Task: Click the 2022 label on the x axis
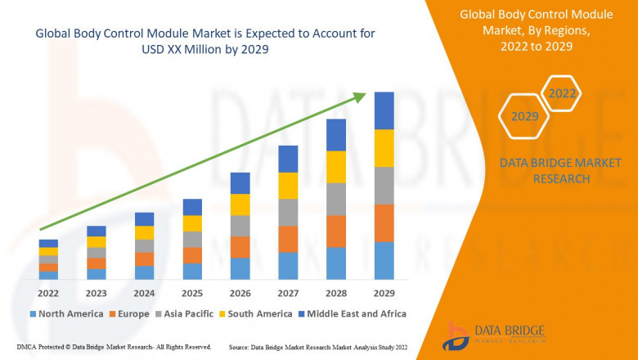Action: coord(48,293)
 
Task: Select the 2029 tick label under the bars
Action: coord(384,293)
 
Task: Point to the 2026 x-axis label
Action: coord(240,293)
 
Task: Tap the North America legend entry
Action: coord(65,313)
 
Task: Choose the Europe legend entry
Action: coord(130,313)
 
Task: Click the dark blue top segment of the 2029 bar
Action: coord(384,110)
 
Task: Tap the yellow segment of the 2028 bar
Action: coord(336,167)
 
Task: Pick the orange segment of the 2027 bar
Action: coord(288,239)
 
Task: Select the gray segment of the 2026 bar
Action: coord(240,226)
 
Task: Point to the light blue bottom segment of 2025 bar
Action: coord(192,272)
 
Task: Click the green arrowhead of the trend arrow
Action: coord(359,97)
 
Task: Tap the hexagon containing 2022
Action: coord(562,94)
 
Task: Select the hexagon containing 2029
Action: coord(524,117)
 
